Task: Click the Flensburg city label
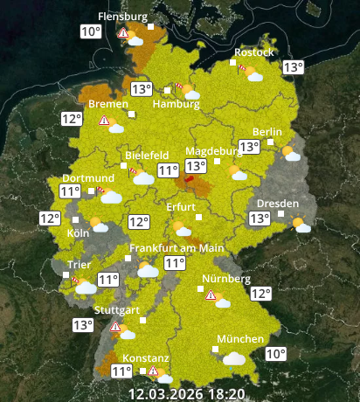click(122, 17)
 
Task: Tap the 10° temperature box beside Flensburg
click(91, 32)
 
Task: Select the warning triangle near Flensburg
click(124, 35)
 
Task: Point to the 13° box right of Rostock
click(293, 67)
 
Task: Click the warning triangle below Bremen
click(104, 121)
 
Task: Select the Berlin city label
click(267, 132)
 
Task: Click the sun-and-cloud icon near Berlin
click(291, 155)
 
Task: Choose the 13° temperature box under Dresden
click(260, 218)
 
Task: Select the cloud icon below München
click(233, 357)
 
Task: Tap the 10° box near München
click(275, 354)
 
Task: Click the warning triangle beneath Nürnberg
click(211, 296)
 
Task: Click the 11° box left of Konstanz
click(122, 371)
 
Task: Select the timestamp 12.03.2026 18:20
click(186, 393)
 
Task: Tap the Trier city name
click(80, 264)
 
